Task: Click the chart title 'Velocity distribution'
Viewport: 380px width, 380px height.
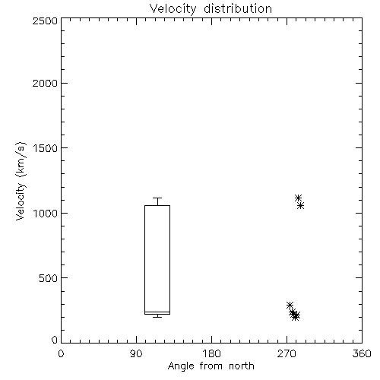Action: click(x=211, y=8)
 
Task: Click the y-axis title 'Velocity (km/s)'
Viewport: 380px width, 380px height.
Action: click(x=21, y=181)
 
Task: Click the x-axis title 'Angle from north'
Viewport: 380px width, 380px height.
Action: click(x=211, y=366)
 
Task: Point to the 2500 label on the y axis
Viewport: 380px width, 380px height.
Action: click(x=45, y=21)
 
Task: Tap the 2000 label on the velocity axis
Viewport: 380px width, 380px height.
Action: click(x=45, y=84)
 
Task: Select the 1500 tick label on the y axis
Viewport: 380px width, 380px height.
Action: click(x=46, y=148)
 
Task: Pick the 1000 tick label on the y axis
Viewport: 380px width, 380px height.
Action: click(x=46, y=214)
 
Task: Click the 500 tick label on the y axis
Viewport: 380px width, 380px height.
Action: click(x=49, y=278)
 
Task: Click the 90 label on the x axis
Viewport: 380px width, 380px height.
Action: click(x=136, y=353)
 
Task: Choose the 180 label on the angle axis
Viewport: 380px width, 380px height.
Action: click(x=211, y=353)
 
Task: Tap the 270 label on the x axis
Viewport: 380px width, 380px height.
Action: click(x=287, y=353)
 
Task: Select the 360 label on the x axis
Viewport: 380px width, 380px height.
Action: click(x=362, y=353)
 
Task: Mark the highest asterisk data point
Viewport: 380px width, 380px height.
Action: click(x=298, y=198)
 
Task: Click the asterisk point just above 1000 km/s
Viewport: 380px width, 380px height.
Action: click(x=301, y=206)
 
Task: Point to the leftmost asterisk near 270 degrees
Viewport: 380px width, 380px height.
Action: click(x=290, y=305)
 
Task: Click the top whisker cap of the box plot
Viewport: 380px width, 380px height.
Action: click(x=157, y=198)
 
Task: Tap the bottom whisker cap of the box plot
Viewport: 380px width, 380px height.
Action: click(x=157, y=317)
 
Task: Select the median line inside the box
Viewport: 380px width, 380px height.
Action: click(x=157, y=312)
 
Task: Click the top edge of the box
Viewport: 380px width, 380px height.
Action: click(x=157, y=205)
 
